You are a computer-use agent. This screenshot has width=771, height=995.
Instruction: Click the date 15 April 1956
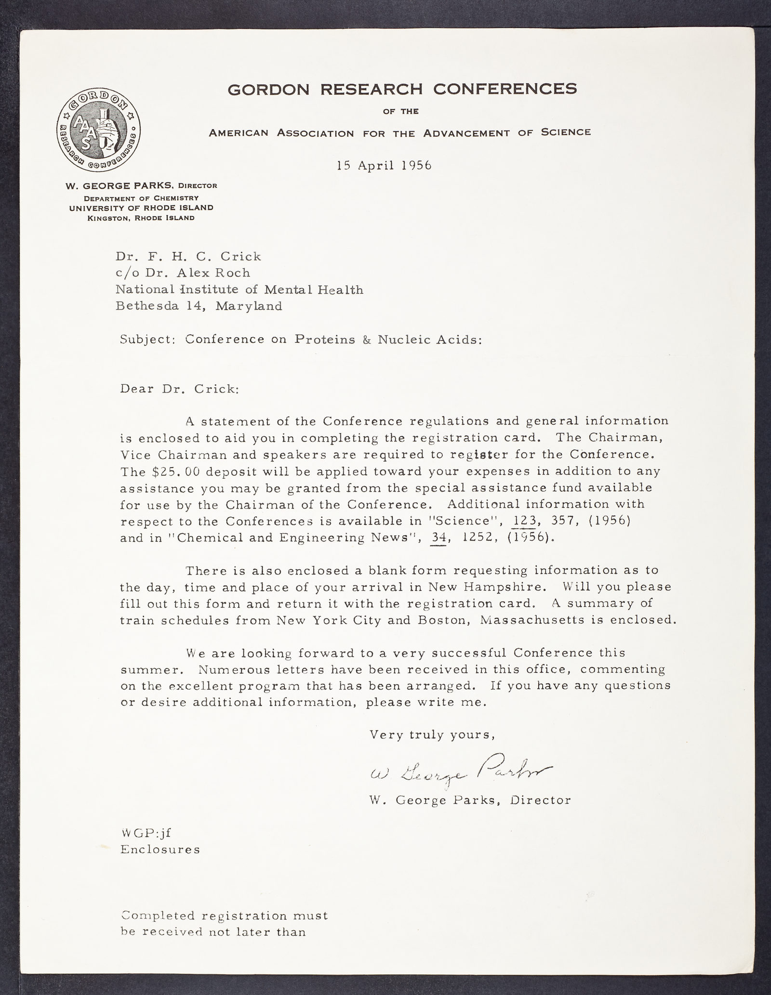click(384, 165)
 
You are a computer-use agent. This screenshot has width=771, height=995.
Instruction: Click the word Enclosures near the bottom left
click(160, 849)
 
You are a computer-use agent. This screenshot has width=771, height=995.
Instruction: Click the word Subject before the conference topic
click(148, 339)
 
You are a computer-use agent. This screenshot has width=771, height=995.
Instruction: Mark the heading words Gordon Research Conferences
click(402, 89)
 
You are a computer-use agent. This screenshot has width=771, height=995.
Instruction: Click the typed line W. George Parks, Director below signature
click(470, 800)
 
